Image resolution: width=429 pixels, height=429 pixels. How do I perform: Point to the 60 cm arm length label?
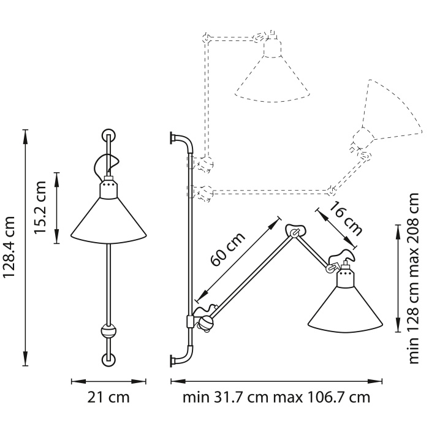(x=228, y=251)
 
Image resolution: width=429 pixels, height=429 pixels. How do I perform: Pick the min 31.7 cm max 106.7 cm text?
(x=276, y=398)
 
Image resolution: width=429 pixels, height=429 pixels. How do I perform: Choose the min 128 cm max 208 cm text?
(x=414, y=278)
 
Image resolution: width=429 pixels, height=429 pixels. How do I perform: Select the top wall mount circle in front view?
(x=108, y=135)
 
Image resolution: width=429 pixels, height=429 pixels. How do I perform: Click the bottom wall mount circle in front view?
(x=108, y=359)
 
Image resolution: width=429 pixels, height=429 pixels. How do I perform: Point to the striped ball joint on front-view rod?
(x=108, y=332)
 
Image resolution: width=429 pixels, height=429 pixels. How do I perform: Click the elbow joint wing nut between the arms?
(x=296, y=230)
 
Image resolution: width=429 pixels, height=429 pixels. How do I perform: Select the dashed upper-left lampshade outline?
(x=271, y=77)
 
